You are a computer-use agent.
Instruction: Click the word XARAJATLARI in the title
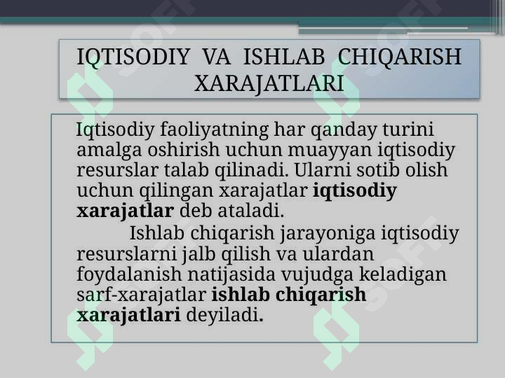[269, 83]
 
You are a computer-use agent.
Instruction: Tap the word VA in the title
[217, 57]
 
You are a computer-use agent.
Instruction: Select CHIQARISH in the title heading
[399, 57]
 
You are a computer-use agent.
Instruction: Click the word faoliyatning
[214, 130]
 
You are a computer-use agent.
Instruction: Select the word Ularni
[323, 169]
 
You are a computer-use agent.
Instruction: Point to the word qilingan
[176, 191]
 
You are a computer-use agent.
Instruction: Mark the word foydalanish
[129, 275]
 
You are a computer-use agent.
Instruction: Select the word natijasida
[231, 275]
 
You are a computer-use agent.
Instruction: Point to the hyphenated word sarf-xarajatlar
[142, 295]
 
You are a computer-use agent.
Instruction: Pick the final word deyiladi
[225, 315]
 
